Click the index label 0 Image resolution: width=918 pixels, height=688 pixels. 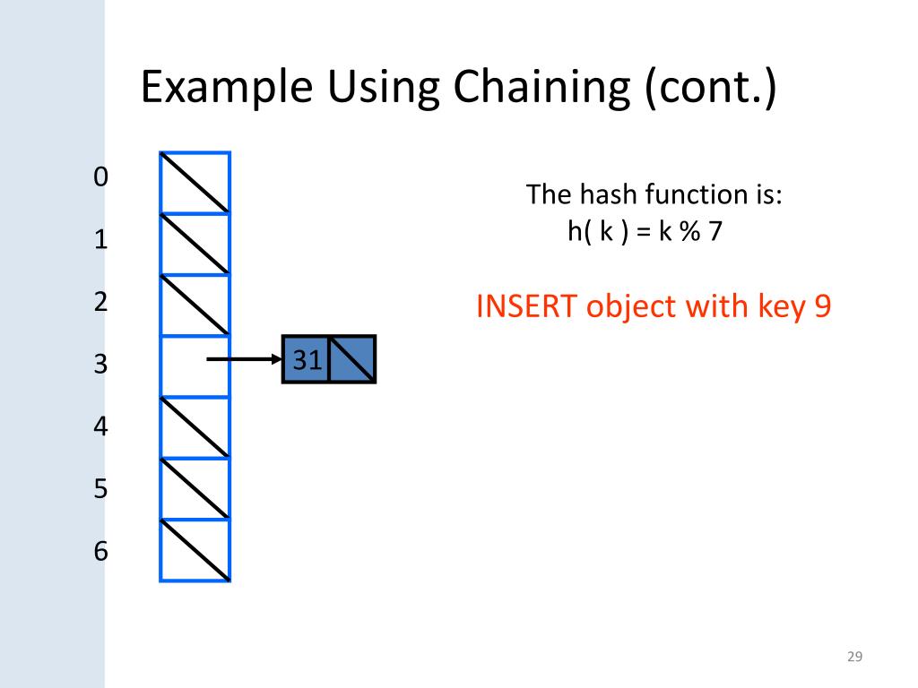pyautogui.click(x=100, y=177)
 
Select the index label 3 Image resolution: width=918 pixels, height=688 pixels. pyautogui.click(x=100, y=365)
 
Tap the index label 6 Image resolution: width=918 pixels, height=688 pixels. pyautogui.click(x=100, y=552)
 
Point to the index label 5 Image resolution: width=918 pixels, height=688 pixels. pyautogui.click(x=100, y=489)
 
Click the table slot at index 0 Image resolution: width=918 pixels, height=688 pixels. pyautogui.click(x=195, y=183)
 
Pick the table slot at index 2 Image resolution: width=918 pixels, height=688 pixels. pyautogui.click(x=195, y=305)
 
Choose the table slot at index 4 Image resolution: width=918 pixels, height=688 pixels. pyautogui.click(x=195, y=427)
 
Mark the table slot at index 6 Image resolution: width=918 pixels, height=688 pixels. pyautogui.click(x=195, y=550)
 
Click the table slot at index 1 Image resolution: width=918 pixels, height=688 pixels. pyautogui.click(x=195, y=244)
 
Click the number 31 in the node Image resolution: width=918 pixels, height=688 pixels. pyautogui.click(x=307, y=360)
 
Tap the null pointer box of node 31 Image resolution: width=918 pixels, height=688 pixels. pyautogui.click(x=352, y=360)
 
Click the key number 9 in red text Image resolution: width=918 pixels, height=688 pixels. pyautogui.click(x=822, y=306)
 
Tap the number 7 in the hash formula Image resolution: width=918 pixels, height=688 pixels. pyautogui.click(x=715, y=231)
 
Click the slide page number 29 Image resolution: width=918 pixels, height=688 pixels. pyautogui.click(x=854, y=658)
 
